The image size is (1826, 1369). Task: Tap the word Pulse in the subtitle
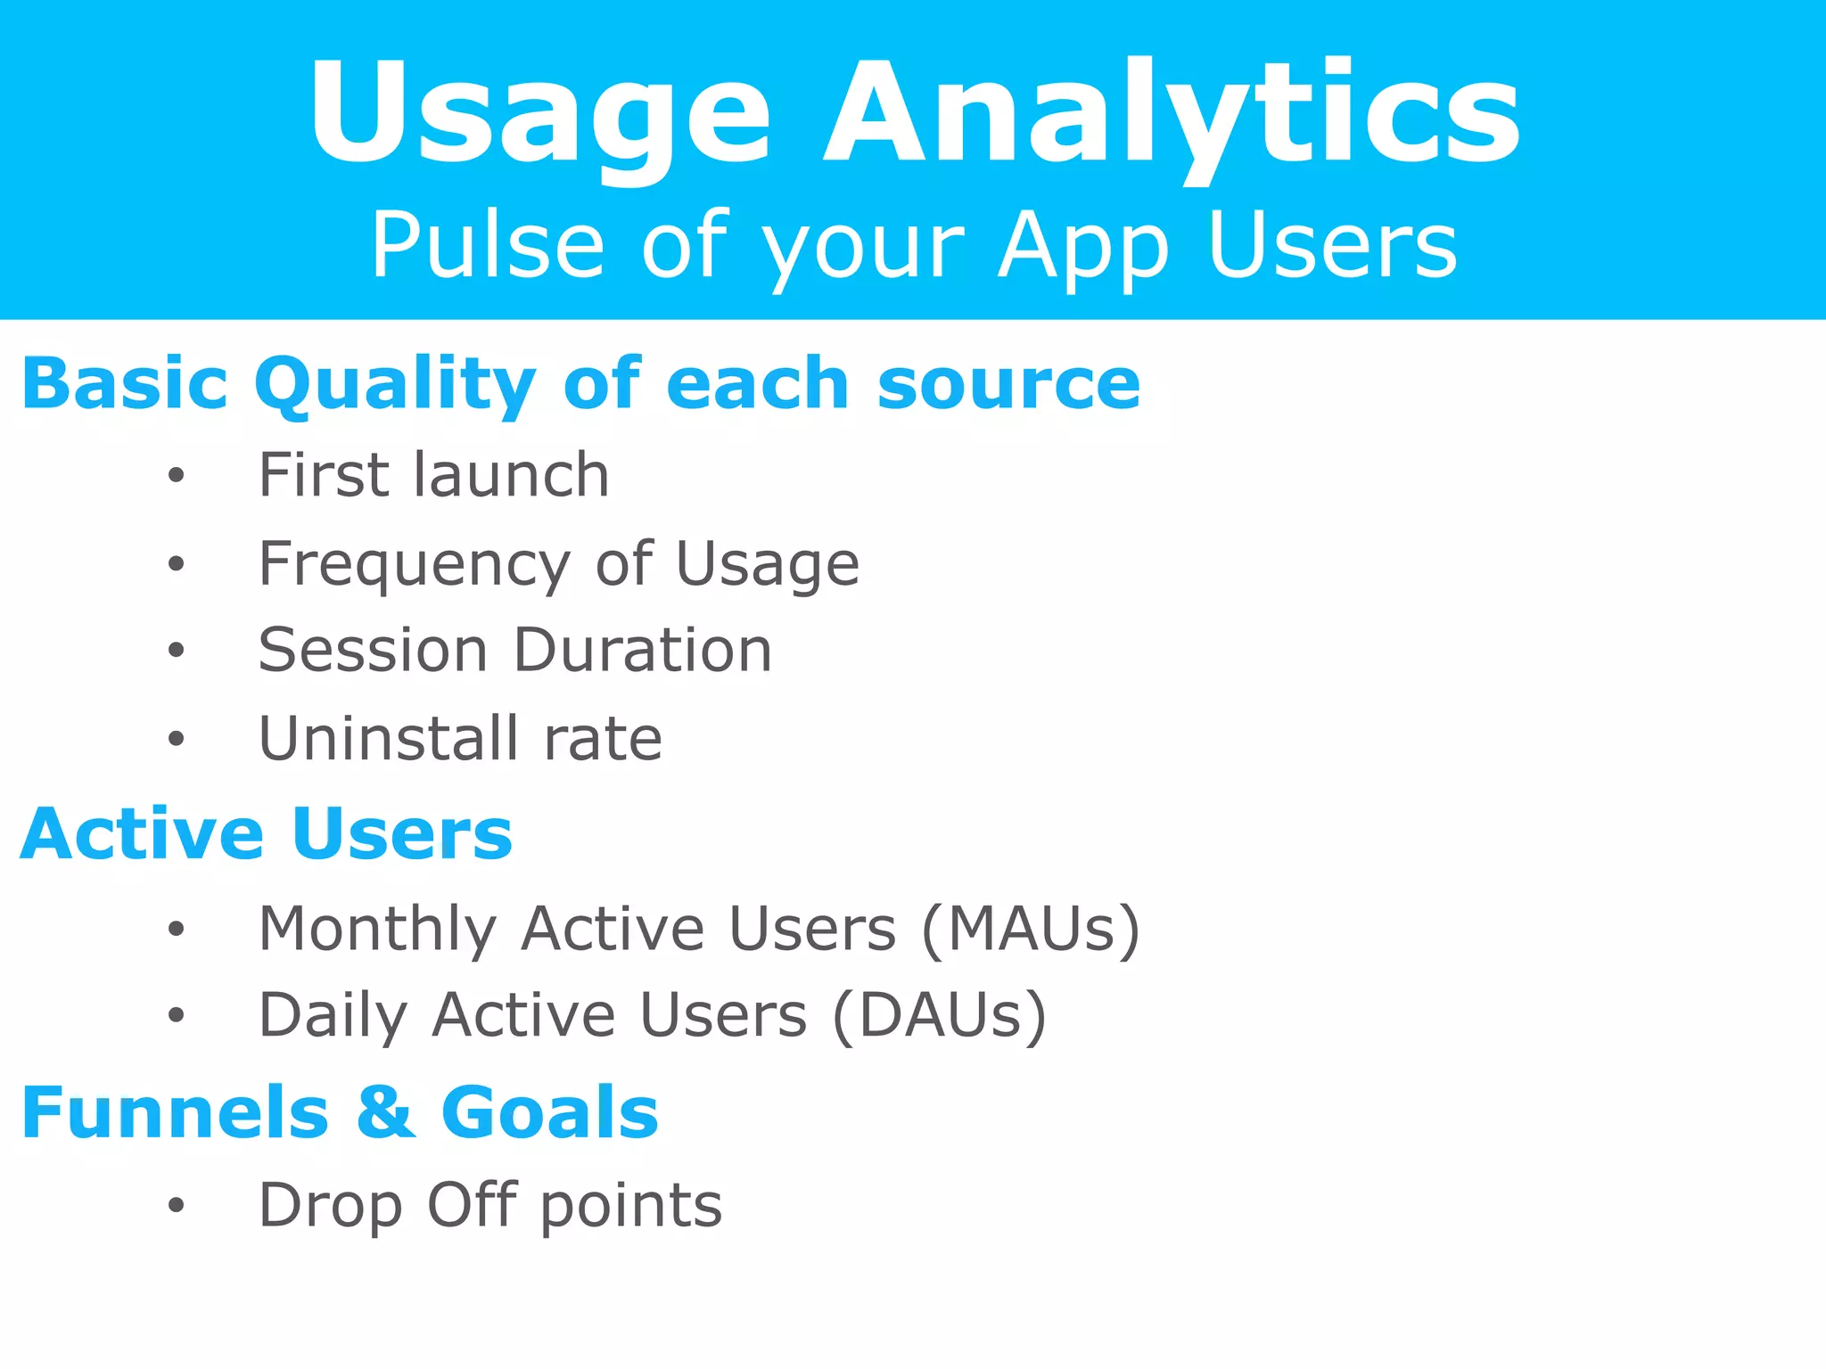pyautogui.click(x=488, y=245)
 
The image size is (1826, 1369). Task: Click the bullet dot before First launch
pyautogui.click(x=176, y=476)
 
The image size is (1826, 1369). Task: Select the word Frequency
pyautogui.click(x=414, y=565)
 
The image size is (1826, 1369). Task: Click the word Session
pyautogui.click(x=373, y=650)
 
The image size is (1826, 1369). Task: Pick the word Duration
pyautogui.click(x=643, y=650)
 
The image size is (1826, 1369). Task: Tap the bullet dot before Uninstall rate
pyautogui.click(x=176, y=739)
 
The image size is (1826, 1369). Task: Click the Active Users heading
pyautogui.click(x=267, y=834)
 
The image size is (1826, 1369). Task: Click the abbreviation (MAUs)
pyautogui.click(x=1030, y=930)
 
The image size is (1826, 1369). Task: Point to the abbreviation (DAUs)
pyautogui.click(x=939, y=1016)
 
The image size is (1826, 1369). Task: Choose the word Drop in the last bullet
pyautogui.click(x=330, y=1206)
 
